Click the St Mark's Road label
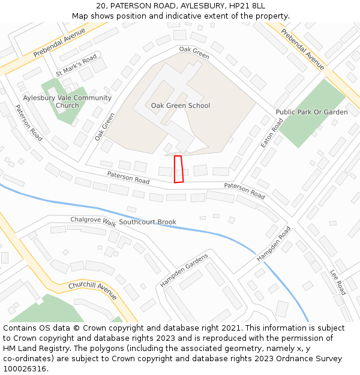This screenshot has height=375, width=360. [x=76, y=65]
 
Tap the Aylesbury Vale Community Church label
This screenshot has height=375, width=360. [x=67, y=101]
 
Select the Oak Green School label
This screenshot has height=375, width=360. [x=181, y=106]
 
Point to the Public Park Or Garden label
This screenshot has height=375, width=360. [x=311, y=112]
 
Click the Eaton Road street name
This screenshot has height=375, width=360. [x=272, y=133]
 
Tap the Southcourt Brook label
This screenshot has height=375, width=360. [x=148, y=222]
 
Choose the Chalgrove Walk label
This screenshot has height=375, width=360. [x=93, y=221]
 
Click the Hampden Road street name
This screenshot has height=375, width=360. [x=274, y=243]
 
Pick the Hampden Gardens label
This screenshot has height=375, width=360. [x=184, y=270]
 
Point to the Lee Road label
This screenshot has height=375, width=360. [x=338, y=282]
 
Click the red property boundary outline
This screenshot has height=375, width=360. [x=178, y=169]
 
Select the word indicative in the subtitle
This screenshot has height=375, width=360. [x=190, y=16]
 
